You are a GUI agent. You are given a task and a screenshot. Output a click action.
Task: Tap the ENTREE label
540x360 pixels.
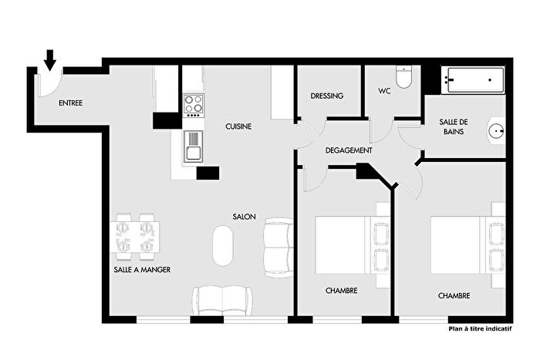[70, 103]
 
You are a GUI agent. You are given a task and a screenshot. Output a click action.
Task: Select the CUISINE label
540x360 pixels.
[239, 126]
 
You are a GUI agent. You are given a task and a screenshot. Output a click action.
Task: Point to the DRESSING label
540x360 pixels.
[327, 96]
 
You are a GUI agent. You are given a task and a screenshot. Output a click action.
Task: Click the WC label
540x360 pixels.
[385, 91]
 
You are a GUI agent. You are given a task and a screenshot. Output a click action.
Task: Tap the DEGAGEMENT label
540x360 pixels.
[349, 150]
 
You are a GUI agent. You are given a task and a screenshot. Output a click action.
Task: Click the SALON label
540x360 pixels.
[245, 217]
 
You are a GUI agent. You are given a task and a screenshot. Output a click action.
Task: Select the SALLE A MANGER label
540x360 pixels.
[141, 270]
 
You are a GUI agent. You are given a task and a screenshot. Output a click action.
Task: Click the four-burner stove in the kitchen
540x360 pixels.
[194, 104]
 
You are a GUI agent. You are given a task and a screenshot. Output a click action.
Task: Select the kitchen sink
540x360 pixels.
[194, 145]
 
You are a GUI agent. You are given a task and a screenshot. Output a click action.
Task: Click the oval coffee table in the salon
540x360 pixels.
[223, 245]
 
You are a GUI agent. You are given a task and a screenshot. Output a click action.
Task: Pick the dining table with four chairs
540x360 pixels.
[136, 237]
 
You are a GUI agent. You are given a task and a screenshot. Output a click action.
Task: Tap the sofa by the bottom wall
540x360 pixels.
[222, 299]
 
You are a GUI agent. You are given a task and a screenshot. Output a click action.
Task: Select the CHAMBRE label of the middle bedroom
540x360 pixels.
[341, 291]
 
